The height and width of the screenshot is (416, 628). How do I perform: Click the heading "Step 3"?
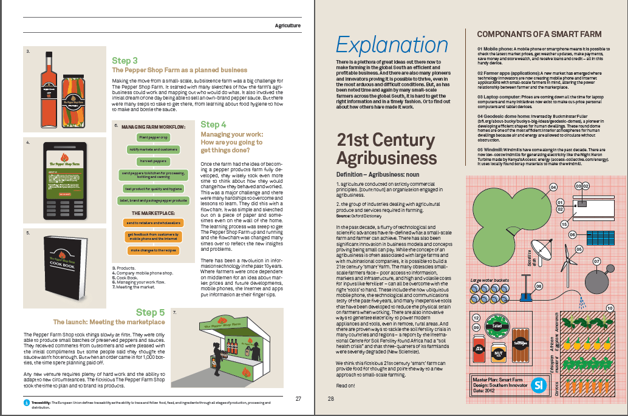(x=125, y=61)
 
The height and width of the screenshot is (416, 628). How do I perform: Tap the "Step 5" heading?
(x=150, y=313)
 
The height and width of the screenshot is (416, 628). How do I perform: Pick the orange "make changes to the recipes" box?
(x=151, y=250)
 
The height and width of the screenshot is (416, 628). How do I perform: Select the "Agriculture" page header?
(x=288, y=26)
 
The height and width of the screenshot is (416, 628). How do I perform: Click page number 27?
(x=298, y=399)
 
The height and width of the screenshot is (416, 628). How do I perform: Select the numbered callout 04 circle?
(x=553, y=186)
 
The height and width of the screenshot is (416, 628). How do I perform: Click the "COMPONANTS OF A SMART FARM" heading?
(x=539, y=34)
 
